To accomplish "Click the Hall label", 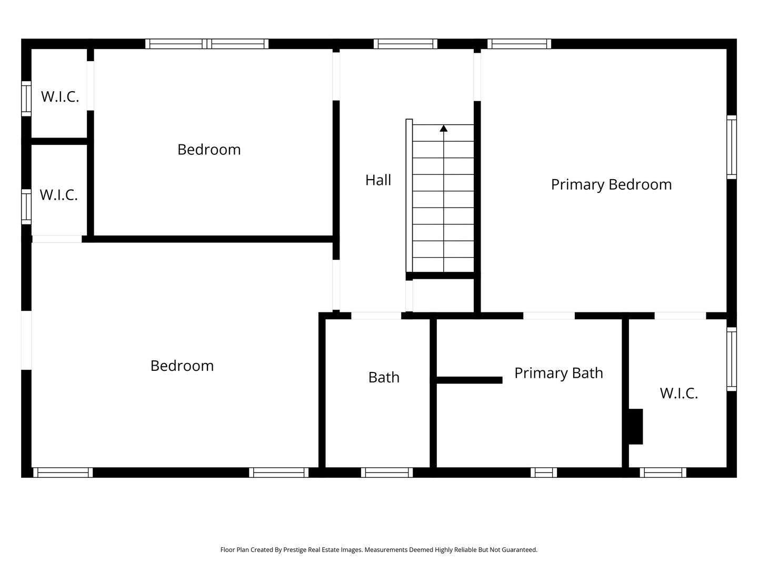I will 378,180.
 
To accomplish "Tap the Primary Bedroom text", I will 611,184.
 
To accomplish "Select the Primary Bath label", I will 558,373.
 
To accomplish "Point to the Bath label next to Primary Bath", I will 384,377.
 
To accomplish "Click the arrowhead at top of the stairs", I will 444,128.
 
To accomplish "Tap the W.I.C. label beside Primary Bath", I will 679,393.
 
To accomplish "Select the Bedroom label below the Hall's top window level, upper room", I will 209,150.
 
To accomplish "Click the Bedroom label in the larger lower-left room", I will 182,366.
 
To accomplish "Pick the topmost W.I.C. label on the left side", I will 60,97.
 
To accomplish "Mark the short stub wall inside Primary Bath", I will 469,380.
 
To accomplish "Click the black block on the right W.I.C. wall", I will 635,426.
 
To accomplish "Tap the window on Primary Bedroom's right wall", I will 731,147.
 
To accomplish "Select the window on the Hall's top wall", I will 405,44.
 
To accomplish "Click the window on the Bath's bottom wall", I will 387,473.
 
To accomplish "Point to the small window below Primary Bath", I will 544,473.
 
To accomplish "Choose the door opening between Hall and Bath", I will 376,316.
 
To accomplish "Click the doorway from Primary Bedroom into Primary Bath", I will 548,316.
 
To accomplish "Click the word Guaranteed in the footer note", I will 520,550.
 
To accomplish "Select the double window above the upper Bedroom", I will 207,44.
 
